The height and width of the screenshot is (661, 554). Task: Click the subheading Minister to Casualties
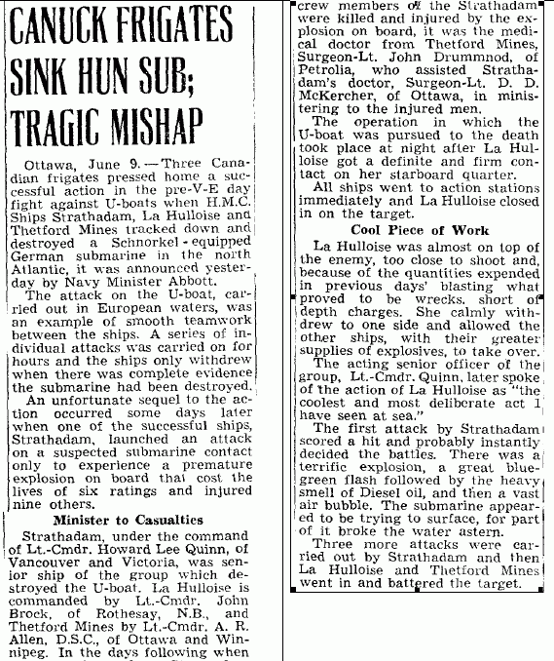tap(134, 520)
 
